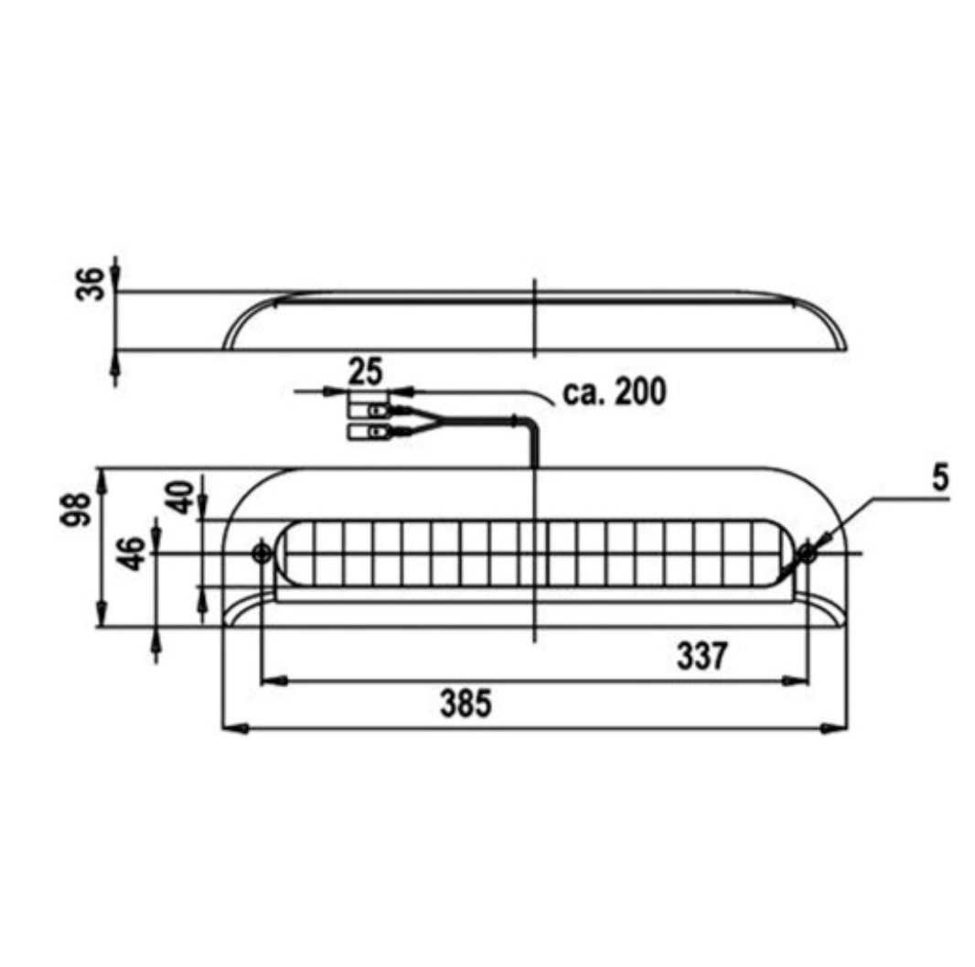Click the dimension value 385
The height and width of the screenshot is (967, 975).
point(466,704)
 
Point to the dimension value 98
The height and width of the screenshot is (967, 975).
point(75,510)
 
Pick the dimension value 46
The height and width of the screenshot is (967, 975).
point(131,553)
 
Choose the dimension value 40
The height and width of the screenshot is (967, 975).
point(181,496)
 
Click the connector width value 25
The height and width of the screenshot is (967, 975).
point(366,371)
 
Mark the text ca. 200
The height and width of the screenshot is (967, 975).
point(614,392)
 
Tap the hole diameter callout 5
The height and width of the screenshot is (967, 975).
point(941,478)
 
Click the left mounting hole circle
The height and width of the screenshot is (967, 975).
point(262,553)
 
